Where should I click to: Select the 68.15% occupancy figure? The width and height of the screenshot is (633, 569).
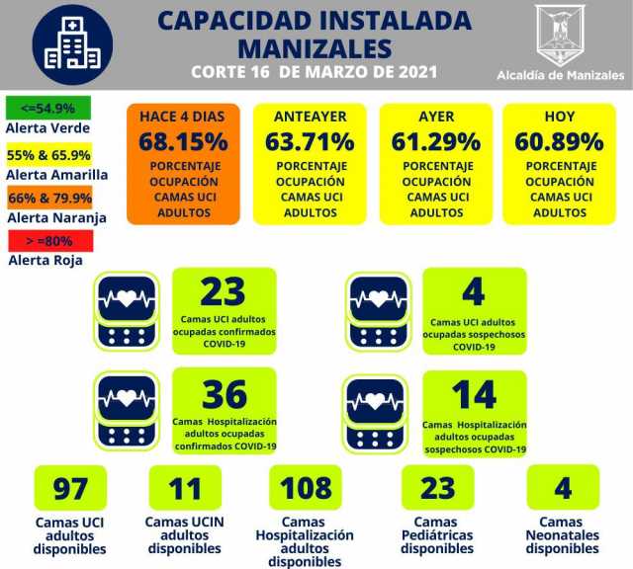pyautogui.click(x=183, y=141)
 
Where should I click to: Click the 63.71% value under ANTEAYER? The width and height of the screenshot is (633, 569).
pyautogui.click(x=310, y=141)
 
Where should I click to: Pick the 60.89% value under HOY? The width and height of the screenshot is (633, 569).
pyautogui.click(x=559, y=141)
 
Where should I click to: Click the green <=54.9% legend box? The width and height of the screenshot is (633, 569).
pyautogui.click(x=47, y=107)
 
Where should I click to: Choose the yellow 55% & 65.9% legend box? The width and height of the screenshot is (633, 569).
pyautogui.click(x=48, y=155)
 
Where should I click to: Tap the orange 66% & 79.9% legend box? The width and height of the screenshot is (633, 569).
pyautogui.click(x=48, y=197)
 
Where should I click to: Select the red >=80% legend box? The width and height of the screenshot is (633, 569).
pyautogui.click(x=48, y=239)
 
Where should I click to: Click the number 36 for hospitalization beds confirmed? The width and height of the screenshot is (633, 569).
pyautogui.click(x=224, y=394)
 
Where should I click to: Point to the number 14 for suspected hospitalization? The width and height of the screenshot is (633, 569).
pyautogui.click(x=474, y=394)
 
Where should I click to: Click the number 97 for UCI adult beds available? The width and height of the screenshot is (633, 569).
pyautogui.click(x=70, y=488)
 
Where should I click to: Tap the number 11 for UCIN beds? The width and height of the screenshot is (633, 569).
pyautogui.click(x=184, y=488)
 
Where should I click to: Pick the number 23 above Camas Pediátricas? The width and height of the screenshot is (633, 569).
pyautogui.click(x=437, y=488)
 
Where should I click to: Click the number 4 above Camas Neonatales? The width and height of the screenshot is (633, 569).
pyautogui.click(x=562, y=488)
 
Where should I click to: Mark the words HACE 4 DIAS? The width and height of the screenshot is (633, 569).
pyautogui.click(x=183, y=116)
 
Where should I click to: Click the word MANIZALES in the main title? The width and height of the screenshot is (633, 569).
pyautogui.click(x=316, y=46)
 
